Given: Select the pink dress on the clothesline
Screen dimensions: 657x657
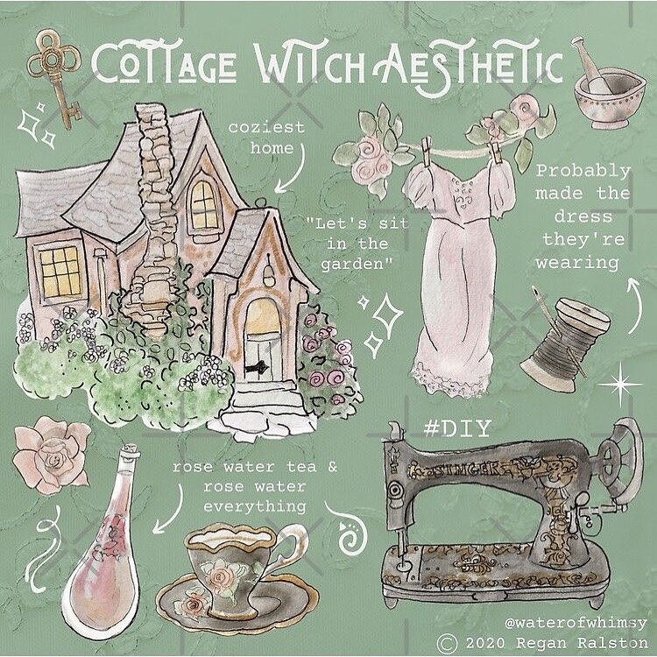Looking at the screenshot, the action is tap(458, 277).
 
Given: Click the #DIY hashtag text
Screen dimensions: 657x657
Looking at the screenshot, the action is tap(457, 428).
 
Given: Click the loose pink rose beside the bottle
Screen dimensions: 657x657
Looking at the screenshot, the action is tap(52, 455).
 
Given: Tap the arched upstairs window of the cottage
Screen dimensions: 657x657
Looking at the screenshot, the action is tap(204, 205).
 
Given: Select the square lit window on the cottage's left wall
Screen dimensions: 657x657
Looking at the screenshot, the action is tap(60, 272).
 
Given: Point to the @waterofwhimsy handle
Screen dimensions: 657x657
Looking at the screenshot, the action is tap(576, 623).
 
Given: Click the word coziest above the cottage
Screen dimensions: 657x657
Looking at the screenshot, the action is tap(266, 127).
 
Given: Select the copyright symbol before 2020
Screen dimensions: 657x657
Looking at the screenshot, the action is tap(448, 643).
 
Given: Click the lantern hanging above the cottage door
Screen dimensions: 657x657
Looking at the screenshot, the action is tap(268, 273).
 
